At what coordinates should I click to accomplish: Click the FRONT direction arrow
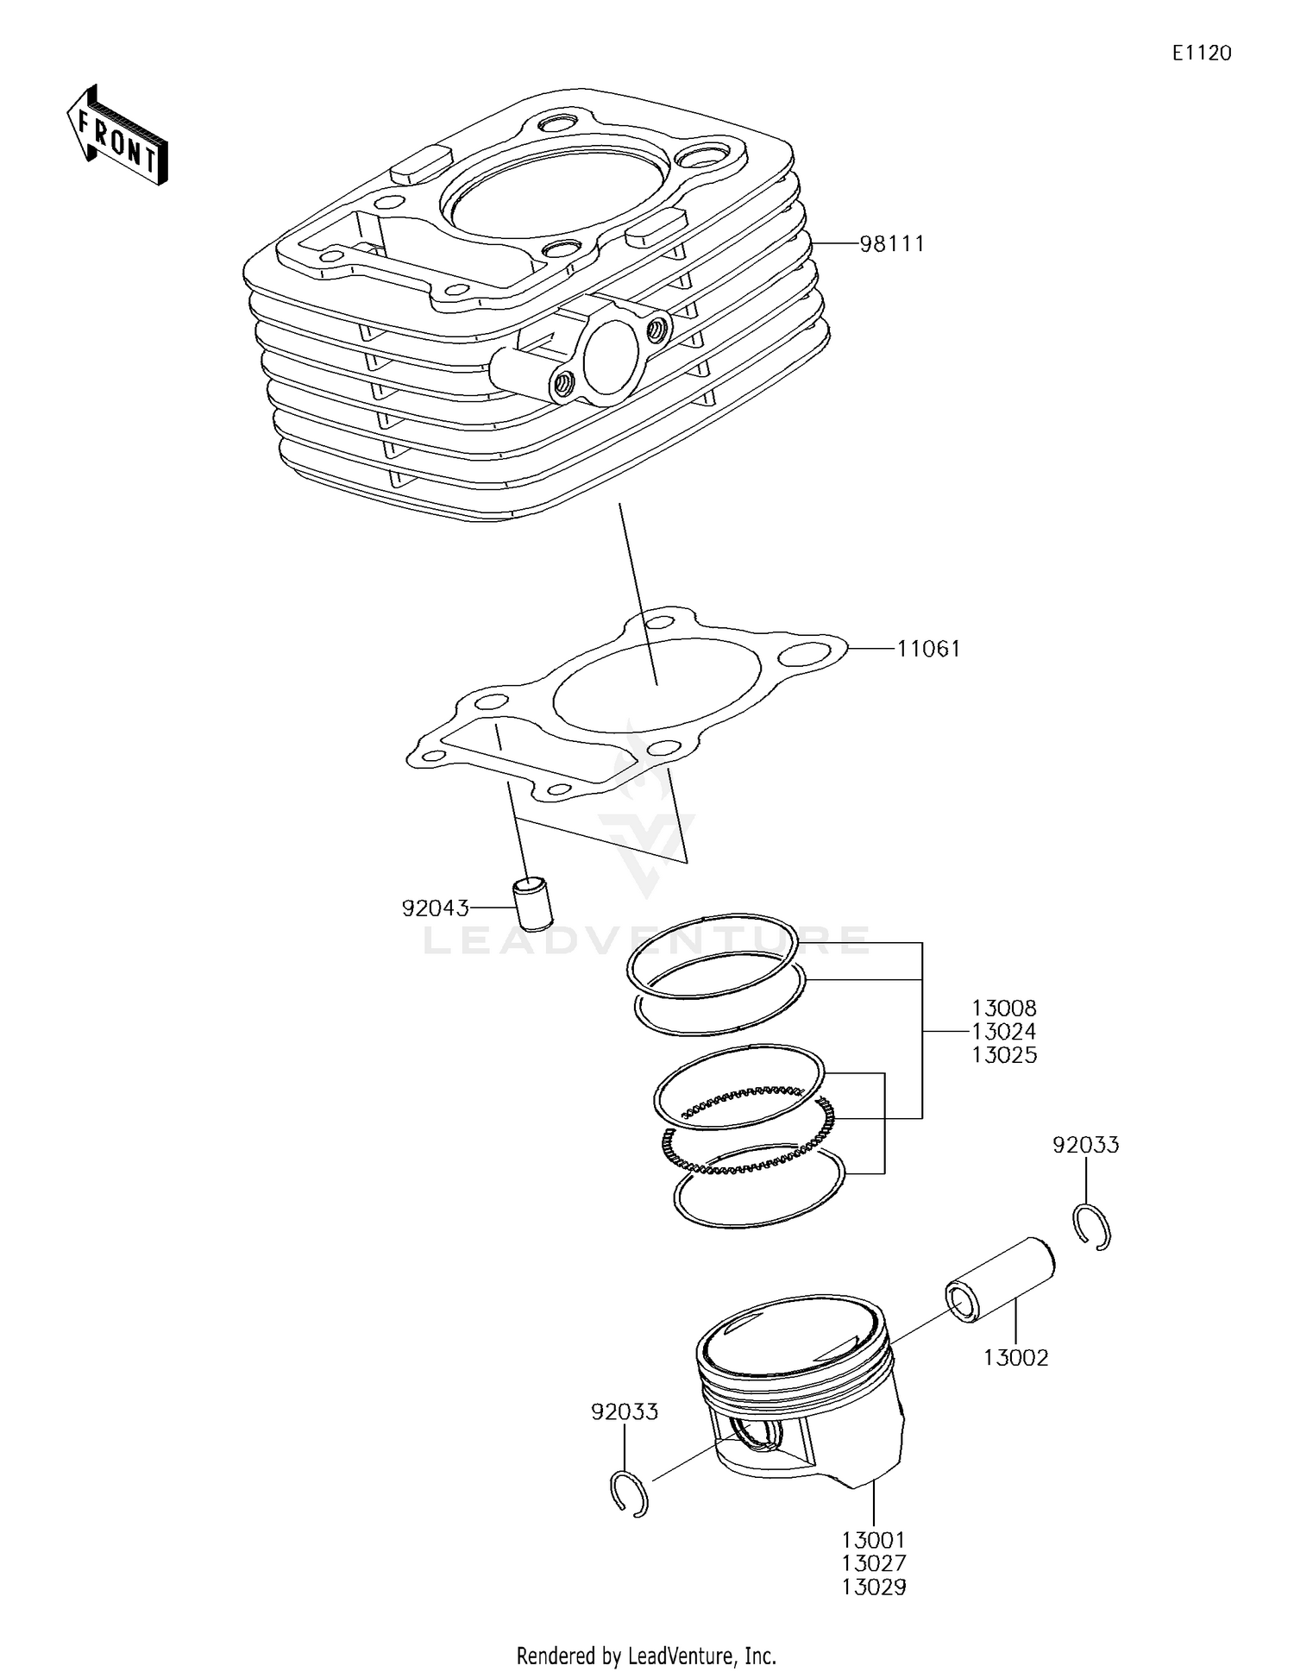(116, 136)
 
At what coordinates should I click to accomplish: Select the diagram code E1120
(1201, 53)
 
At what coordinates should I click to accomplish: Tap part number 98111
(891, 244)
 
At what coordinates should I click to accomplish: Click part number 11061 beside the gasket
(928, 649)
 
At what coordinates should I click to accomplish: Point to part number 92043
(435, 908)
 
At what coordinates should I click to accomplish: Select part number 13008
(1003, 1008)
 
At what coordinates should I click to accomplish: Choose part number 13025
(1003, 1055)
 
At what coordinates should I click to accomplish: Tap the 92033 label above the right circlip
(1085, 1145)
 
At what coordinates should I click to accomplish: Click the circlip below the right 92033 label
(1095, 1227)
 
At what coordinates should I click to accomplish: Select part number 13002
(1015, 1358)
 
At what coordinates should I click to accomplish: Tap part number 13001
(873, 1539)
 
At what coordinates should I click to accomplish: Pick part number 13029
(873, 1587)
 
